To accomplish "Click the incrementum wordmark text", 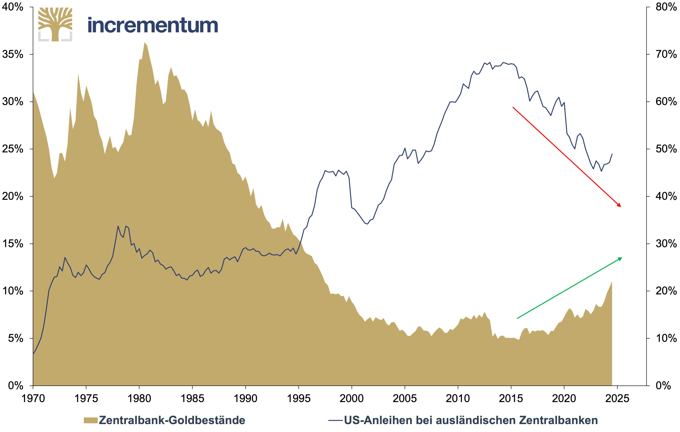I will [x=153, y=25].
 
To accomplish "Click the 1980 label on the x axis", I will [x=139, y=399].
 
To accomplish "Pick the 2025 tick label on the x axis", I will [x=617, y=399].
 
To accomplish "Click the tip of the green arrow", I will [x=622, y=258].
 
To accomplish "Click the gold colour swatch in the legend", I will [x=91, y=420].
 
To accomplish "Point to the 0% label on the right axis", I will [x=663, y=385].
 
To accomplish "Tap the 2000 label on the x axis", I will [x=352, y=399].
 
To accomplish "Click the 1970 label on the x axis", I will [x=33, y=399].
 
